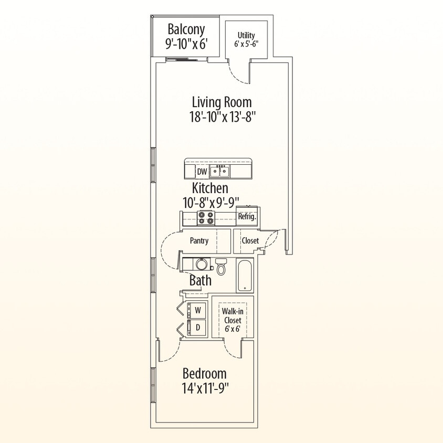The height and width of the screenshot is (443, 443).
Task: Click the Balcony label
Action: tap(186, 29)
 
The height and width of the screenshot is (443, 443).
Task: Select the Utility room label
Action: tap(246, 36)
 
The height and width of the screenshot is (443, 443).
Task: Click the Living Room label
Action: tap(221, 102)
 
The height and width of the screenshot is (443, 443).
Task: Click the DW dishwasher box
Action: tap(202, 172)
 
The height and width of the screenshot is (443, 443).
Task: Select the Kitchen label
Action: tap(210, 188)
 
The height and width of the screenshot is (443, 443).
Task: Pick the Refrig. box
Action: tap(247, 216)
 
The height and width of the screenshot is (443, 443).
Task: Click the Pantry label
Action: tap(199, 241)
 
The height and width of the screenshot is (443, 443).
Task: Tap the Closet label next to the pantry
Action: tap(250, 241)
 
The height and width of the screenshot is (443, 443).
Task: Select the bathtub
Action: tap(244, 275)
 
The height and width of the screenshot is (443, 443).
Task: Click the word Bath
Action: tap(201, 280)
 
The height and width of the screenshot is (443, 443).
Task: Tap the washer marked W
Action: tap(198, 311)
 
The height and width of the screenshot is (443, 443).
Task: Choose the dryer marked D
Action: tap(198, 328)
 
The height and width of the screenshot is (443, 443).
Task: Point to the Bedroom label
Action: tap(205, 374)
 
